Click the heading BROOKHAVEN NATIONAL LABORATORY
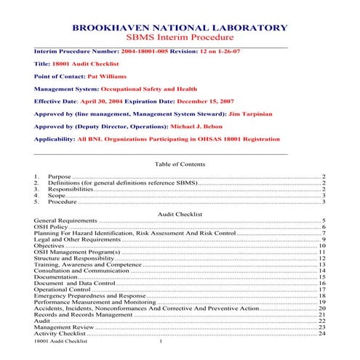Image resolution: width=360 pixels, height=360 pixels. [x=180, y=28]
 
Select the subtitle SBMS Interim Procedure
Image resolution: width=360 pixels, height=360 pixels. [x=180, y=38]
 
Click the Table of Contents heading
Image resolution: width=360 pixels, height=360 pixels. [x=180, y=164]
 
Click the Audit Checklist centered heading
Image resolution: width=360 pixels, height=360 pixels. [x=180, y=214]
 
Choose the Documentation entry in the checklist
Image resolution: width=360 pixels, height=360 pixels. [x=55, y=276]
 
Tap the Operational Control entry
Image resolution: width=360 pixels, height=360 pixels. [x=62, y=289]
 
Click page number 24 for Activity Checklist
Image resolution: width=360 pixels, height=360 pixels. [x=321, y=333]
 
